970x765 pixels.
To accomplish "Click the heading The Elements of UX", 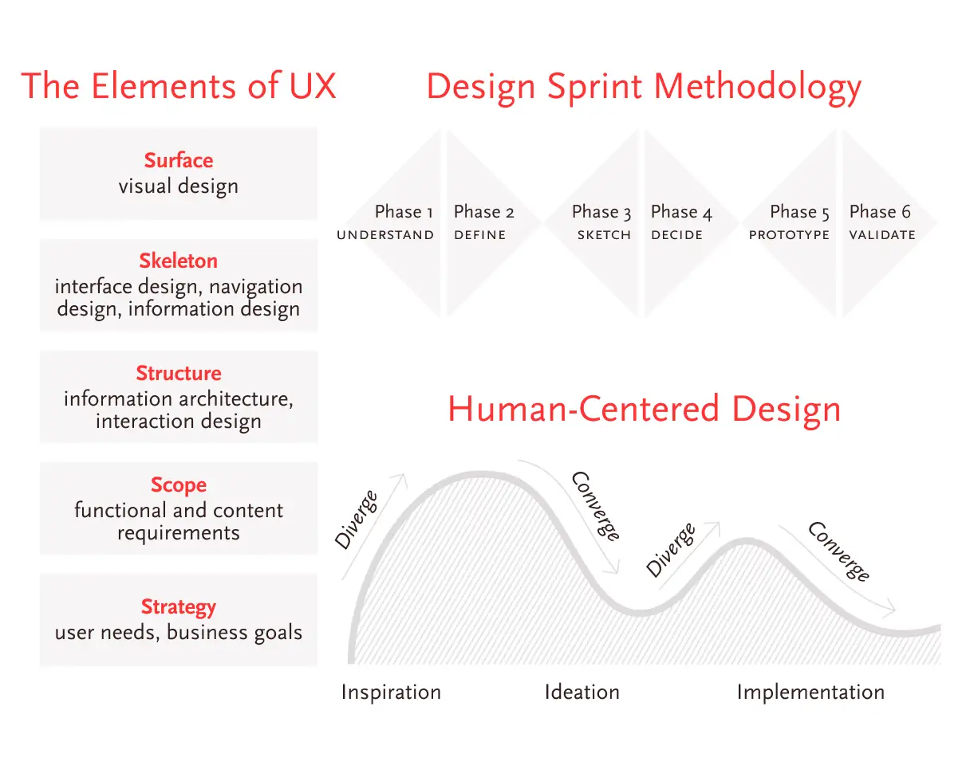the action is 179,85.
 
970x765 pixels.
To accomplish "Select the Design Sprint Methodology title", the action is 644,88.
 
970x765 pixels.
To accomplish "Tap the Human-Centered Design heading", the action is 644,409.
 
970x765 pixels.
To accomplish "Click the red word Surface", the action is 179,160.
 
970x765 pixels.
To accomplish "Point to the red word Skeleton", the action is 179,261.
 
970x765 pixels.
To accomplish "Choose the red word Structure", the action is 179,373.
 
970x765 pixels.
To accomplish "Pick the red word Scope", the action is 179,485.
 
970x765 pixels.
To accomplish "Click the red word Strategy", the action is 179,607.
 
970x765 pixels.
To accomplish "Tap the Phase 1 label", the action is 404,212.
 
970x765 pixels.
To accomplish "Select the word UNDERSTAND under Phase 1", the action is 385,234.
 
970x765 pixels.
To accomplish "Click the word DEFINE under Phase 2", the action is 480,234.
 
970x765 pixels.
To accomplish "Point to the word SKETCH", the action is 604,234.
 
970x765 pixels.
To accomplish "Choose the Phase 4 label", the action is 681,212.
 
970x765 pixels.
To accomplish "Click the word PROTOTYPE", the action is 789,234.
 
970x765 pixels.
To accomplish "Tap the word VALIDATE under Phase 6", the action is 882,234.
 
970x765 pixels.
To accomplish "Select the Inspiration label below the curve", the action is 391,692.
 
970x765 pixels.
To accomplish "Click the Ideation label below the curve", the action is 582,692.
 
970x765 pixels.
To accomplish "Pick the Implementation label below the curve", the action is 811,692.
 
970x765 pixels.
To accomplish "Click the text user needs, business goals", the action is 179,632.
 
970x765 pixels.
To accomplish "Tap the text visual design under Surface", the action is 179,186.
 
